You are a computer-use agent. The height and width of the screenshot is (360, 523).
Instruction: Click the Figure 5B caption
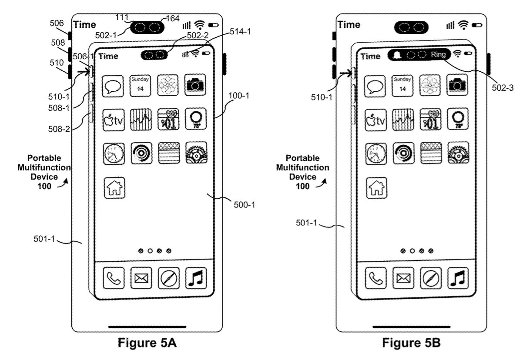point(411,343)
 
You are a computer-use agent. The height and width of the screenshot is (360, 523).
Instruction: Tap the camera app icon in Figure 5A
point(196,85)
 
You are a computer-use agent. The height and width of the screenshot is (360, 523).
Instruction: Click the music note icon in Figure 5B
point(458,278)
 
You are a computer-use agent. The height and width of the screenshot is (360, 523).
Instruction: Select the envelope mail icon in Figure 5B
point(403,278)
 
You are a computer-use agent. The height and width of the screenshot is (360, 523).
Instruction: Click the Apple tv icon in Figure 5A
point(113,119)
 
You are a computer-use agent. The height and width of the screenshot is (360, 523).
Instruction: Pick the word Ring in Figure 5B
point(438,55)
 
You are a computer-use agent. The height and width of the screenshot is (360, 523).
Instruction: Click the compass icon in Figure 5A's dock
point(168,278)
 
